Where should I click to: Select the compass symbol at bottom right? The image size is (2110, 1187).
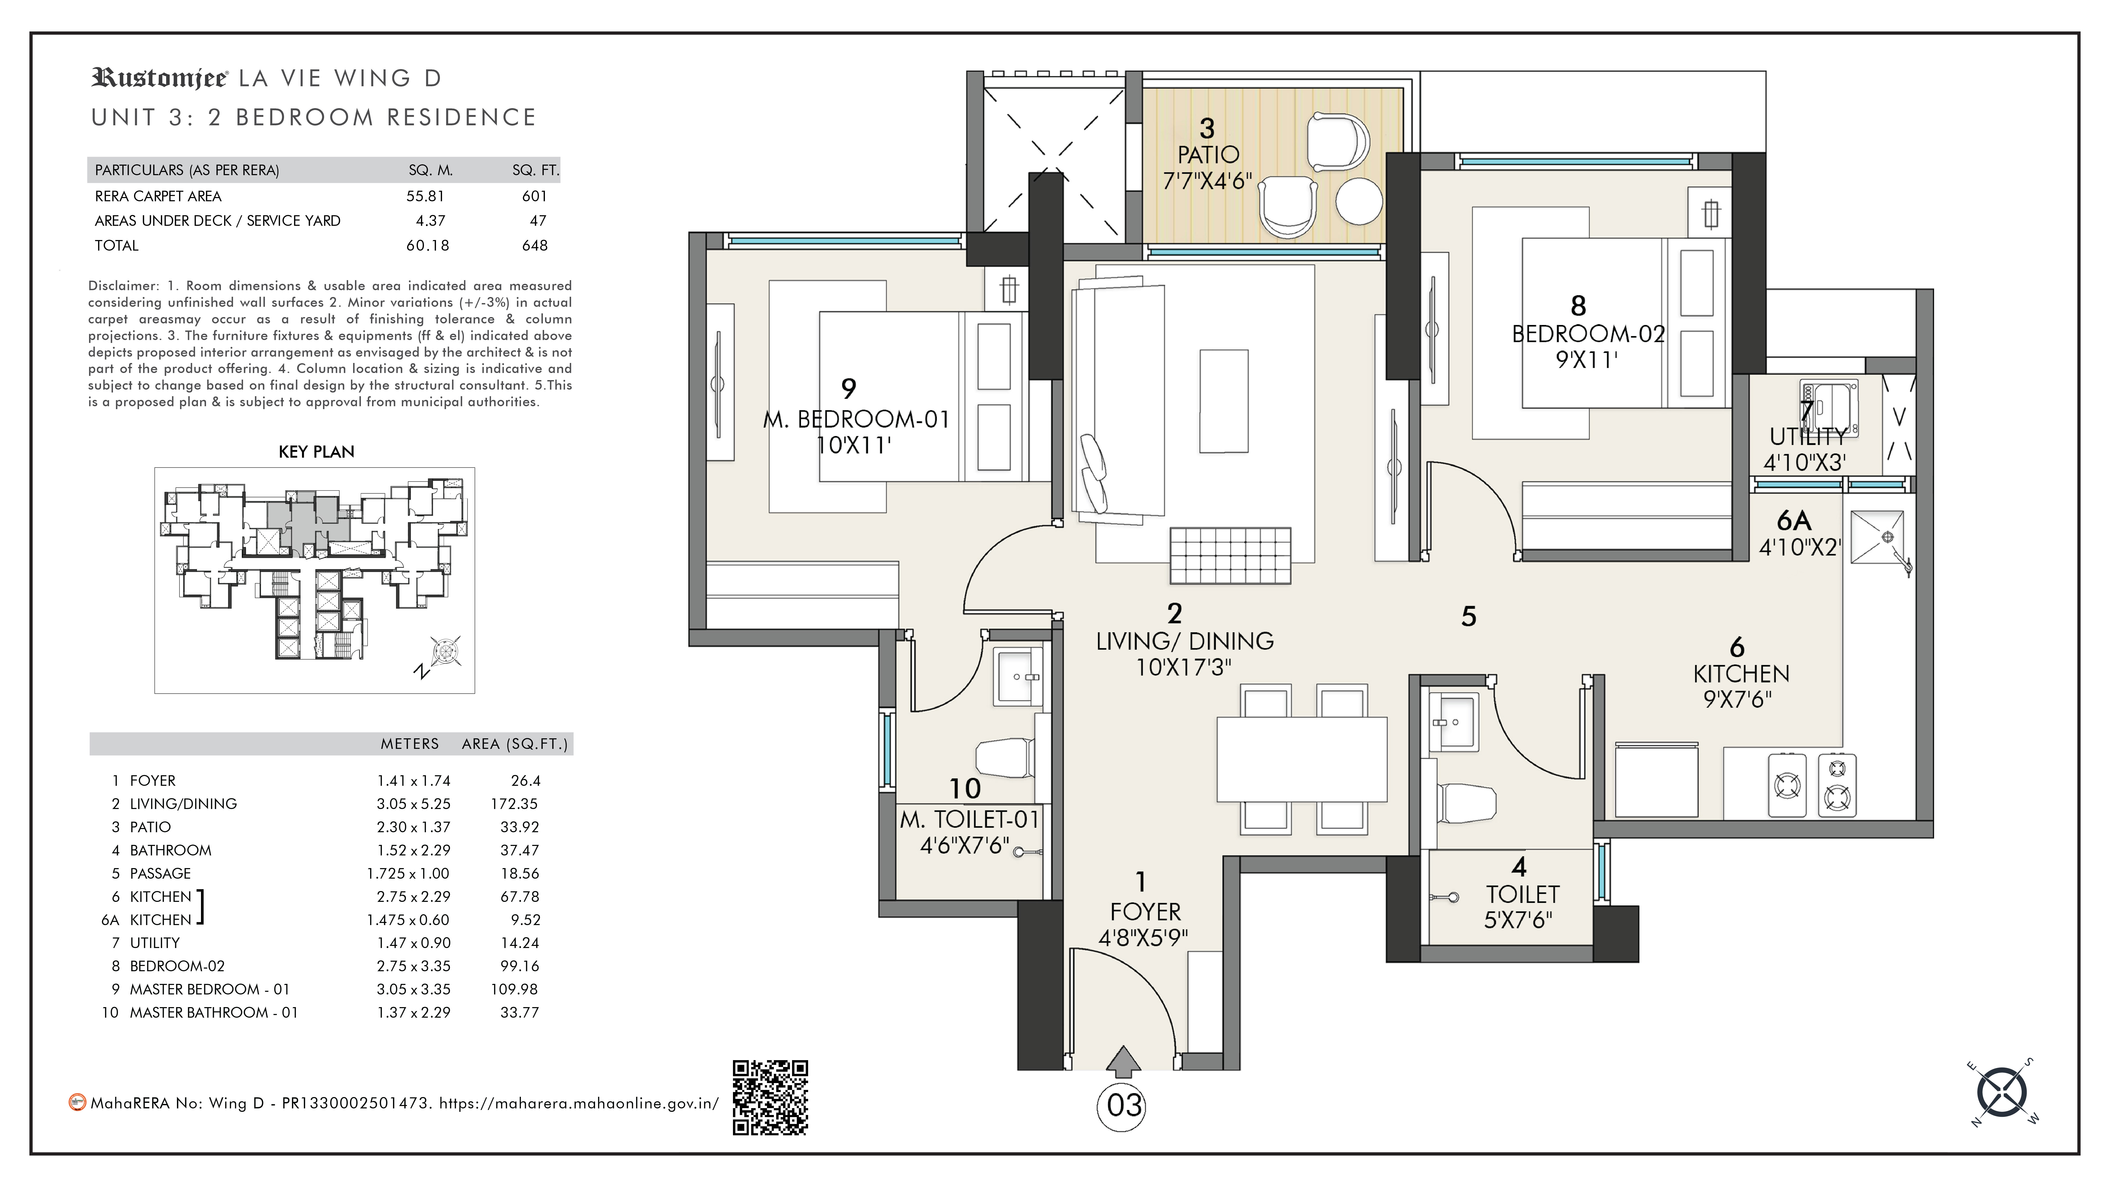point(2002,1092)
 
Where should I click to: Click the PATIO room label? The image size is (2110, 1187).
point(1208,155)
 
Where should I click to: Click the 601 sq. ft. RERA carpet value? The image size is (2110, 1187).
point(534,196)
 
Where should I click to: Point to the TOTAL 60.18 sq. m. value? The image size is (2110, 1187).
point(428,245)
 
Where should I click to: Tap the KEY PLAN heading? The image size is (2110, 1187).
point(316,451)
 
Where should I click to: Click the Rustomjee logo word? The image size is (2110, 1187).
point(160,79)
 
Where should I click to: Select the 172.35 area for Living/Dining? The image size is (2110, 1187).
point(514,804)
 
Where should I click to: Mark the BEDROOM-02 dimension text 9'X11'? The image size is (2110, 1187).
point(1587,360)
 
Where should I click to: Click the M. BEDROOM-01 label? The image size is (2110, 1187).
point(856,419)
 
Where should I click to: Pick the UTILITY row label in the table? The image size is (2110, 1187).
point(155,943)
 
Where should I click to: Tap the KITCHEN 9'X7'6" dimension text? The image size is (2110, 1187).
point(1737,700)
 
